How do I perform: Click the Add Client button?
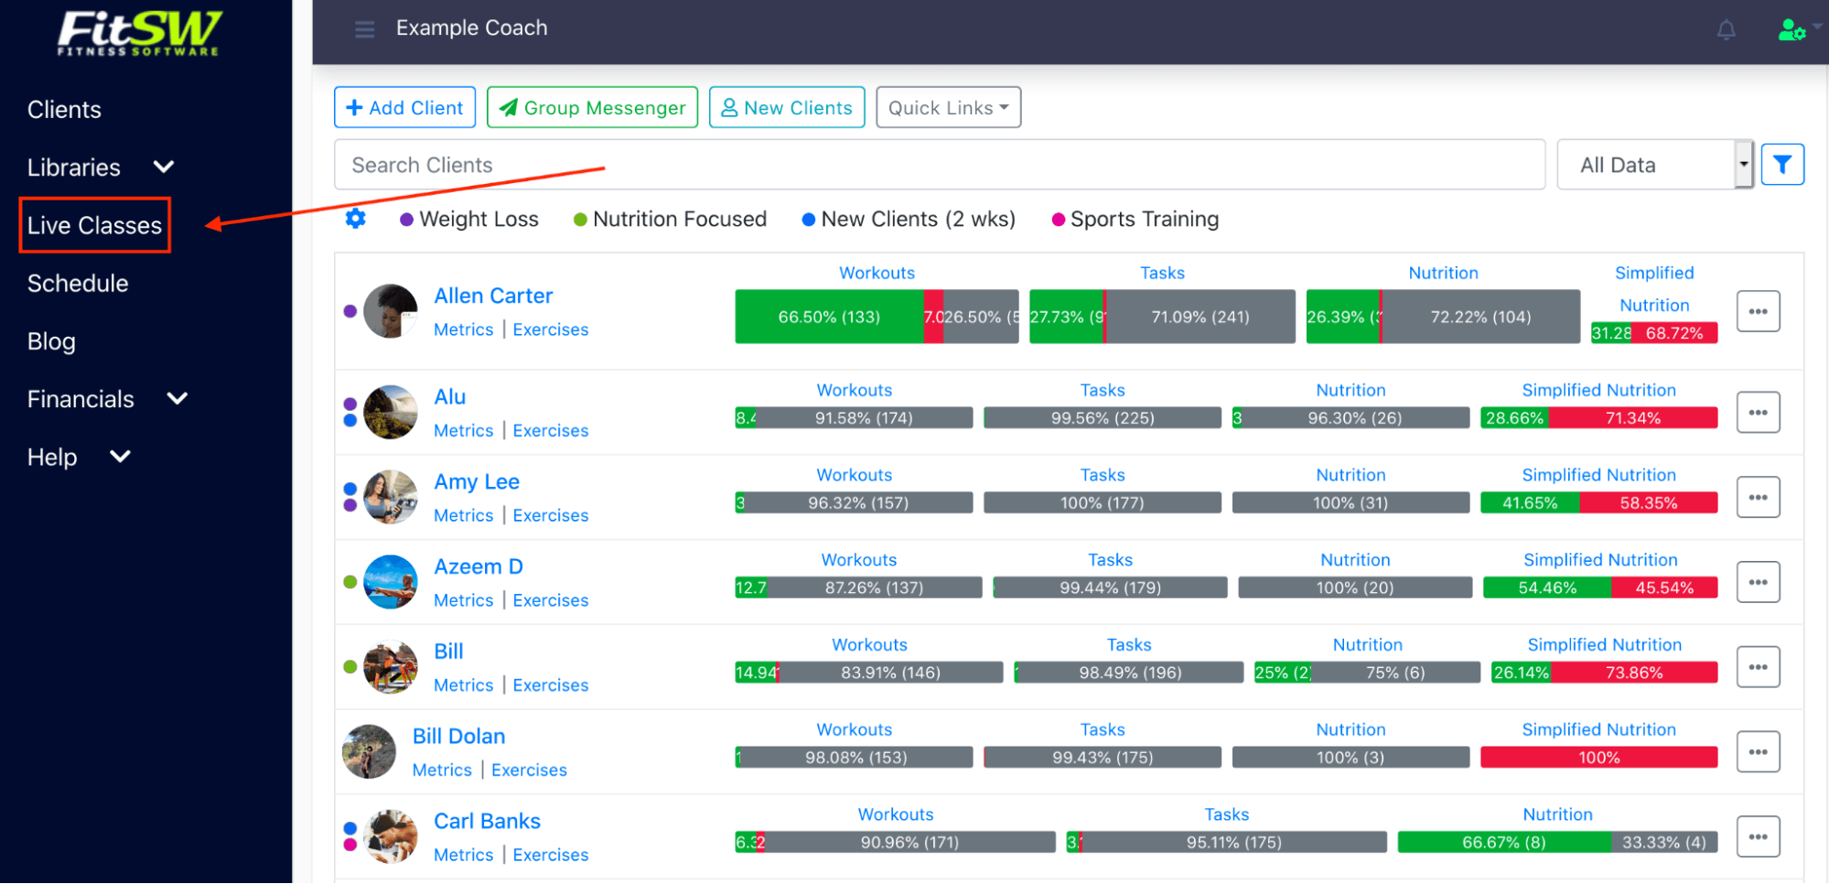coord(404,108)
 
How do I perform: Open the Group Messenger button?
coord(592,108)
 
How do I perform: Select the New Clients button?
coord(787,108)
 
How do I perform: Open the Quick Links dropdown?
coord(948,108)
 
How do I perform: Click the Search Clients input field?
coord(939,165)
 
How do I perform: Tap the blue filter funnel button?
coord(1781,165)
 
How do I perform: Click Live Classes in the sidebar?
coord(94,225)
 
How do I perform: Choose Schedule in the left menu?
coord(78,284)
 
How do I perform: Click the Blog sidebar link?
coord(51,341)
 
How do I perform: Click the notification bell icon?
coord(1726,30)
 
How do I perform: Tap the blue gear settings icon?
coord(355,219)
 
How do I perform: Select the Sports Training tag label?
coord(1144,220)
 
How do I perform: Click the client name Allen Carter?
coord(493,296)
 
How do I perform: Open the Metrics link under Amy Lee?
coord(463,515)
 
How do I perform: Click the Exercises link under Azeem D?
coord(550,600)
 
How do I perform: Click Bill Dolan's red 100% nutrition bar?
coord(1598,758)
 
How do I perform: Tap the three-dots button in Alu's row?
coord(1758,413)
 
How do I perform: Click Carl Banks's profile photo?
coord(391,835)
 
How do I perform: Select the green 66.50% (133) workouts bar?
coord(828,318)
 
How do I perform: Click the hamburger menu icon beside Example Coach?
coord(364,29)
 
